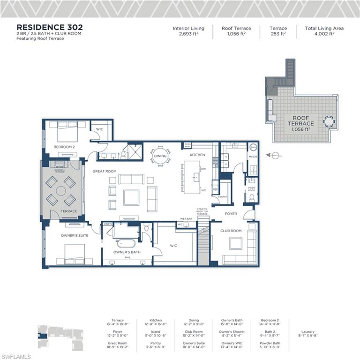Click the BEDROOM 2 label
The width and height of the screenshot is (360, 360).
[x=64, y=147]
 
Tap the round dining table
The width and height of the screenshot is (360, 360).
[x=161, y=156]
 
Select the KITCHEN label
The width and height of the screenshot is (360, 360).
[x=197, y=155]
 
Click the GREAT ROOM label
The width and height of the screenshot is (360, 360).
[x=104, y=172]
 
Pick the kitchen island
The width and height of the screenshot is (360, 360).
[x=192, y=177]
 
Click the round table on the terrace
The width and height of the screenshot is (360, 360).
[x=60, y=190]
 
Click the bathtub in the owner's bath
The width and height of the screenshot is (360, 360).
[x=125, y=243]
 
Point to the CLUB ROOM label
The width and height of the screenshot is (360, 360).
[x=231, y=231]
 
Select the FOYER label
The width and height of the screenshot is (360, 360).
[x=231, y=214]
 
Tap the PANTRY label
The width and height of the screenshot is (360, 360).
[x=222, y=197]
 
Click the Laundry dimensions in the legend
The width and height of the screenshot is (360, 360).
[x=308, y=336]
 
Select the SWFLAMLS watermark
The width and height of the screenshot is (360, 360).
[x=16, y=356]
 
